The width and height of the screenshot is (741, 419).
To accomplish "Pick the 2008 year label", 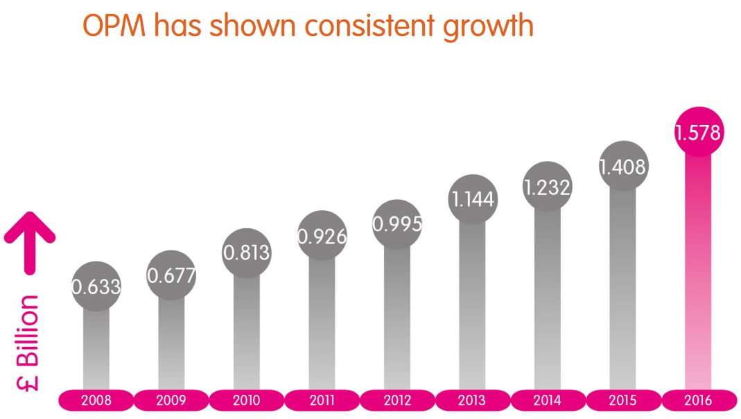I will click(x=96, y=400).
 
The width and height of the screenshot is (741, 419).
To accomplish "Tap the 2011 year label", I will click(x=322, y=400).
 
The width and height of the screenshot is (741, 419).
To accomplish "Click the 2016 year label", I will click(x=698, y=400).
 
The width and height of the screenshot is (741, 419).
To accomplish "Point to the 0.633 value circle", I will click(x=96, y=286).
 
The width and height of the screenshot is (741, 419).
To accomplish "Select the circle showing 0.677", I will click(x=171, y=275).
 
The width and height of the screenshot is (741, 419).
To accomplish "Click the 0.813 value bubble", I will click(x=246, y=253).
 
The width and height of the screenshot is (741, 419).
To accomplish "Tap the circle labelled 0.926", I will click(x=322, y=236).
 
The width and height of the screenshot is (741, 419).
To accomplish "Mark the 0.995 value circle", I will click(x=397, y=224).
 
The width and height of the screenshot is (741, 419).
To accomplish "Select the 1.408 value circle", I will click(x=622, y=166).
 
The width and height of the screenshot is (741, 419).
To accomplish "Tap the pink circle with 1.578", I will click(x=698, y=132).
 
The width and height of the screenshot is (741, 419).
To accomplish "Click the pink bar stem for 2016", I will click(x=698, y=277).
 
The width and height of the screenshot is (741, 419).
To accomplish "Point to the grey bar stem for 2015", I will click(x=622, y=291).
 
